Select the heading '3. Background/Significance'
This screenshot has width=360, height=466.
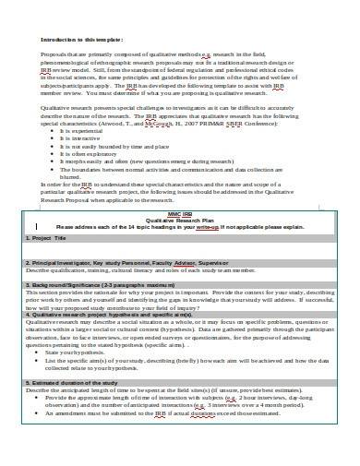pos(66,312)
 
